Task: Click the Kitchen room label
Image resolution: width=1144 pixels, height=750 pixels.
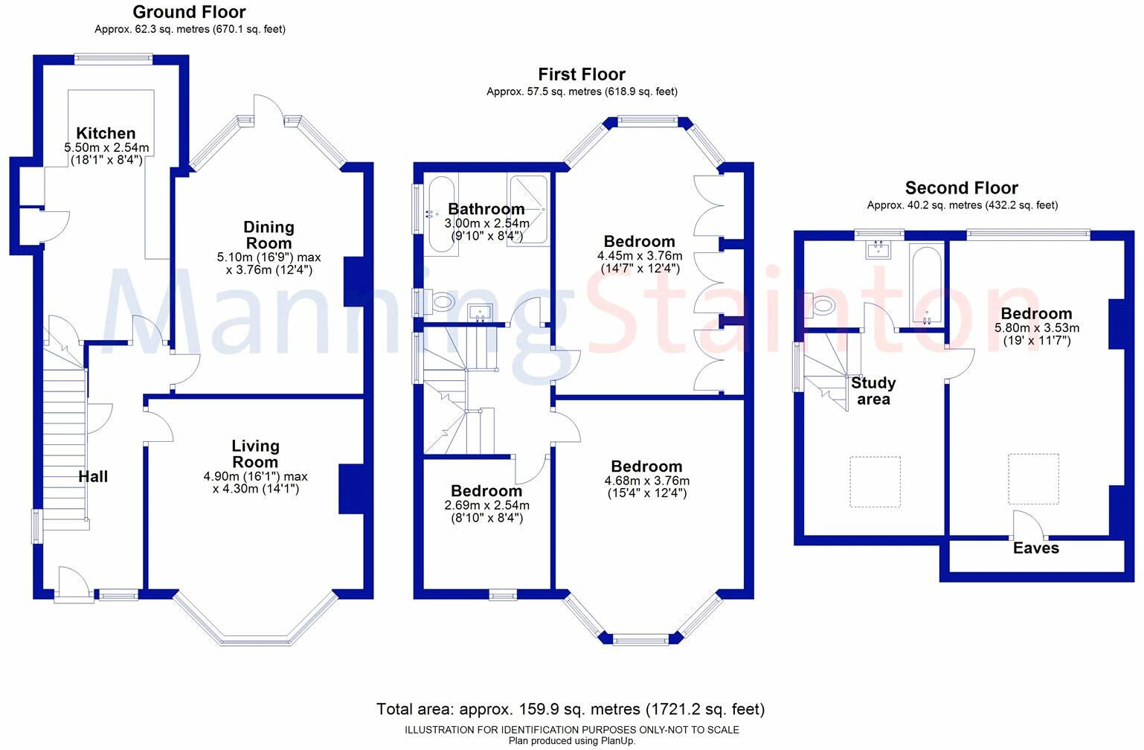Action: pos(106,134)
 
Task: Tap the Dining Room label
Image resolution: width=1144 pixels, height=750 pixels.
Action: pos(269,235)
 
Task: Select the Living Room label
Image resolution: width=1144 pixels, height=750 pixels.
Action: pos(255,454)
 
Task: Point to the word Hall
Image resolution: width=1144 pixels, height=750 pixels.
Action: pos(93,477)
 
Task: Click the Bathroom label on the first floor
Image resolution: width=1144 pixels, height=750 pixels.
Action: pos(486,209)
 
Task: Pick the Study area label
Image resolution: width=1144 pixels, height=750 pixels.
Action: pos(873,391)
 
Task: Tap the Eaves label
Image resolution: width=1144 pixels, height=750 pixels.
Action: pos(1035,548)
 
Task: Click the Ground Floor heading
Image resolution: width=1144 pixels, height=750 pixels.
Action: pos(189,12)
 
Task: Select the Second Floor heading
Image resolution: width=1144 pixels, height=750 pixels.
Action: pos(961,188)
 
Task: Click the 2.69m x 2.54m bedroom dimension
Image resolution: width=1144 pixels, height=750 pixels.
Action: pos(487,506)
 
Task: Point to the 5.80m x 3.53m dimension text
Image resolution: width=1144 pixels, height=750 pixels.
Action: pos(1037,327)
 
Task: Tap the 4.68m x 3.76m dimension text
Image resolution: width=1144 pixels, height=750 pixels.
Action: pos(646,481)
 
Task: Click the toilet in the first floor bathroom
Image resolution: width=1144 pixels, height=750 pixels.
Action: pos(441,302)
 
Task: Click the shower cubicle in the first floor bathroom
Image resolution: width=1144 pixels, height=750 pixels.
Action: pos(528,211)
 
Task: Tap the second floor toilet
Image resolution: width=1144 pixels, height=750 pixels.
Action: pos(822,304)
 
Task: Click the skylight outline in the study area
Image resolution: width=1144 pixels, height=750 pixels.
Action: pos(875,482)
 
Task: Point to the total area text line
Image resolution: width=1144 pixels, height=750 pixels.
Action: pos(571,709)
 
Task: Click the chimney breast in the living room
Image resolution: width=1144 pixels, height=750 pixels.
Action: pos(352,489)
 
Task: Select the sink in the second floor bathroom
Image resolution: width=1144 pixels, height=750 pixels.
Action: pos(879,249)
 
